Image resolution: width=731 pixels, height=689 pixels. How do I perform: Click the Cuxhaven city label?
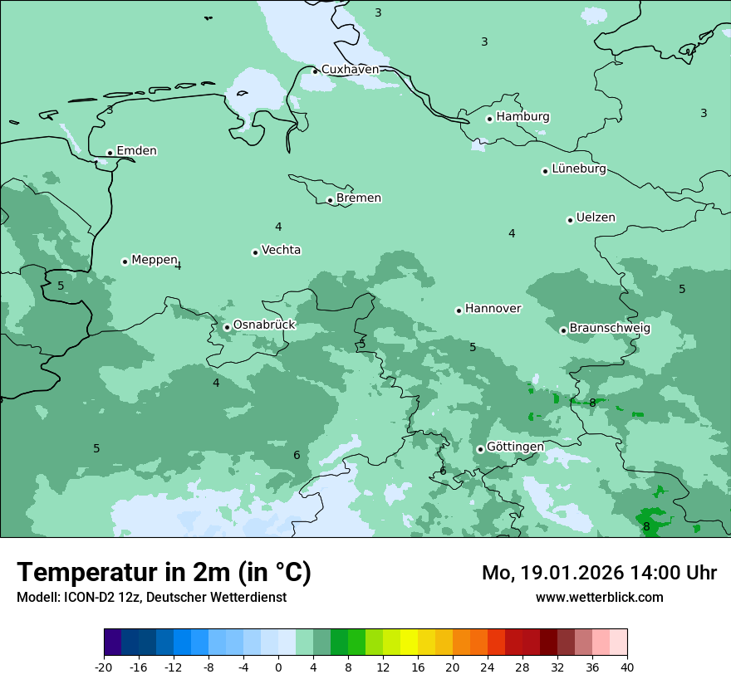[x=350, y=70]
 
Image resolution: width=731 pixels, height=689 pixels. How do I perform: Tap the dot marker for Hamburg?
[x=490, y=119]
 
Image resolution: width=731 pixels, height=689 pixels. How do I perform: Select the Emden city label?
[x=136, y=151]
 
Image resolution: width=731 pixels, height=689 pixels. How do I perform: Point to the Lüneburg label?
[x=578, y=169]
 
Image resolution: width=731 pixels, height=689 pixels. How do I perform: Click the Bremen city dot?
[x=330, y=200]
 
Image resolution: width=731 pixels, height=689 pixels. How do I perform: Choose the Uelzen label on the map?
[x=596, y=218]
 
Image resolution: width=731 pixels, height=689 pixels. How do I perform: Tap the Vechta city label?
[x=281, y=250]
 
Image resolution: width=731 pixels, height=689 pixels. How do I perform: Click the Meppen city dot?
[x=125, y=261]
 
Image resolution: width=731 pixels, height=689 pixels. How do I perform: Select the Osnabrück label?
[x=264, y=325]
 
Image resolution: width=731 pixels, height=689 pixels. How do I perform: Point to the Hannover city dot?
[x=459, y=311]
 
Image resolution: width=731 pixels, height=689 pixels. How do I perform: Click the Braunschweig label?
[x=610, y=329]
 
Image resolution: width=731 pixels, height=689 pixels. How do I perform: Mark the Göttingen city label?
[x=515, y=447]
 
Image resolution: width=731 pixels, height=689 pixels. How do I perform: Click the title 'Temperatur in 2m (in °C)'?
[x=164, y=573]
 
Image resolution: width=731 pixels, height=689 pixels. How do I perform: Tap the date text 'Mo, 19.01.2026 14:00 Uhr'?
[x=599, y=573]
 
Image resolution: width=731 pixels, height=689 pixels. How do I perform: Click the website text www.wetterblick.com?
[x=599, y=598]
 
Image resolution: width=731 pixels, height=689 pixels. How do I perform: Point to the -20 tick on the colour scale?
[x=104, y=667]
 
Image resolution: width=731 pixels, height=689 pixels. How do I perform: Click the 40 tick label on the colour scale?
[x=626, y=667]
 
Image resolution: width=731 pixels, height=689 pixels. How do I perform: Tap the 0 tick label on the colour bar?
[x=278, y=667]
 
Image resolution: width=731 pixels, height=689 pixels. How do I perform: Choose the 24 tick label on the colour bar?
[x=488, y=667]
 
